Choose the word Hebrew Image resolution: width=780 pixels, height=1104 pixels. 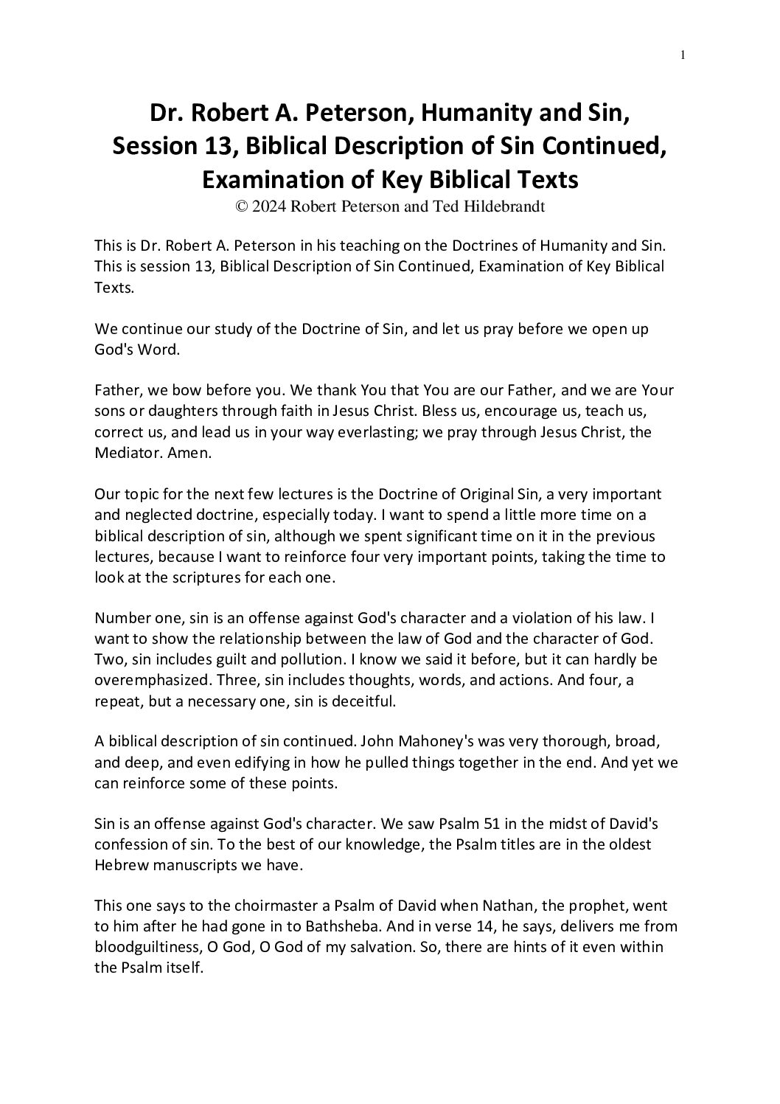tap(119, 866)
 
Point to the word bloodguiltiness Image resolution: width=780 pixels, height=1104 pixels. tap(145, 948)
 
